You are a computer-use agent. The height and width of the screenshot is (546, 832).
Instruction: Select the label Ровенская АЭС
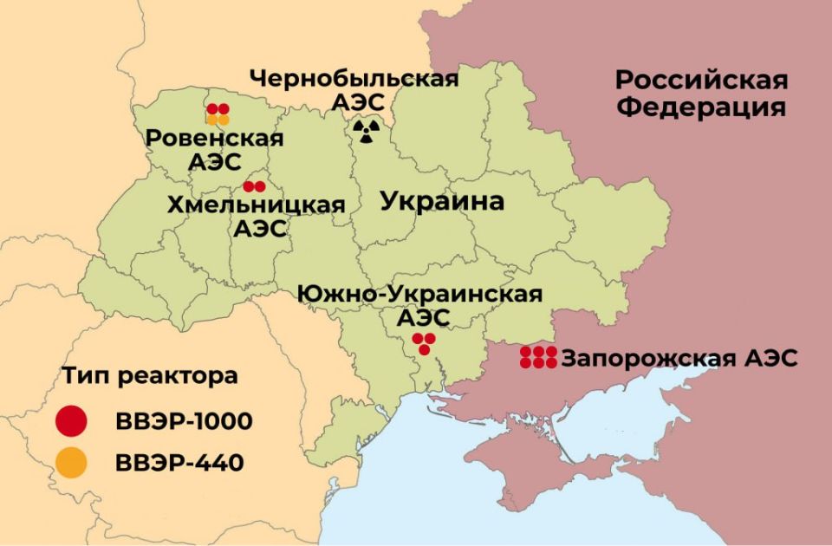(214, 150)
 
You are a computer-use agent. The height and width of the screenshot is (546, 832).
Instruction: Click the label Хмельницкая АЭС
(256, 217)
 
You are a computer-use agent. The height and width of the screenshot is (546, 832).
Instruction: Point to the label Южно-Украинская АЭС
(420, 305)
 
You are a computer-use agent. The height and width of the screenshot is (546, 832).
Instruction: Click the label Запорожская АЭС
(679, 358)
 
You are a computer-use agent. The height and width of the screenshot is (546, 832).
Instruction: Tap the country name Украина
(442, 202)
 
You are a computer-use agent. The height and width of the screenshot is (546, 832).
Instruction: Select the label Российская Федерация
(701, 94)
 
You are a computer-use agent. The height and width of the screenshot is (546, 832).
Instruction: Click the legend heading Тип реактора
(149, 378)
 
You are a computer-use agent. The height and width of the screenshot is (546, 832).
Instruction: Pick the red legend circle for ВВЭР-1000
(71, 421)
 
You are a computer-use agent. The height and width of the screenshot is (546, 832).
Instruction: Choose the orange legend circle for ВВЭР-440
(71, 463)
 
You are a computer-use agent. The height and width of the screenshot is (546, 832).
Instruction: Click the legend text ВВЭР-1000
(183, 422)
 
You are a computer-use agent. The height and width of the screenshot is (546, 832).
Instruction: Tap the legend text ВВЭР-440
(179, 463)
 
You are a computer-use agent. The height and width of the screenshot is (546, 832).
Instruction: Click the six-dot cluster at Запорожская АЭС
(538, 357)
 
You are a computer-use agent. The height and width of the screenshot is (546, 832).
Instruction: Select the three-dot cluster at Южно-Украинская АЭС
(424, 343)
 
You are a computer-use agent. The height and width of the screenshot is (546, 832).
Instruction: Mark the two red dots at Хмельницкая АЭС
(254, 186)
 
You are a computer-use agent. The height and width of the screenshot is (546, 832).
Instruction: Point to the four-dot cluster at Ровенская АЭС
(218, 114)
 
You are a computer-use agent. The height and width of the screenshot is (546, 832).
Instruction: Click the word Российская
(701, 80)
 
